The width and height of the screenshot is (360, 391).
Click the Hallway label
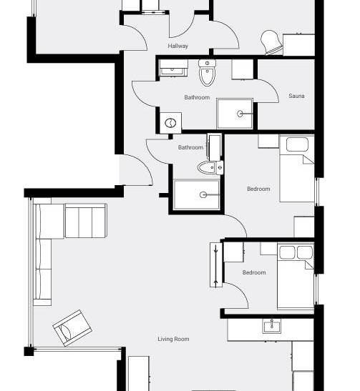pos(177,46)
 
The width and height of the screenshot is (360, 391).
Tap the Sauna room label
pos(296,96)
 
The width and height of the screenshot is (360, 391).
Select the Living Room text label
pos(173,339)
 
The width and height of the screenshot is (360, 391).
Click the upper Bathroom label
pos(197,97)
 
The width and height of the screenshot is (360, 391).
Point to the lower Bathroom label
pos(190,147)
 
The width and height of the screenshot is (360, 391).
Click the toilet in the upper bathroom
pos(208,72)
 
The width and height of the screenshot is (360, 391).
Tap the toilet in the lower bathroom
pos(210,167)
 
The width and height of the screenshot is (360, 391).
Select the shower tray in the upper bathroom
pos(235,114)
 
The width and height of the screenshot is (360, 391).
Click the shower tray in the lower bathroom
pos(197,194)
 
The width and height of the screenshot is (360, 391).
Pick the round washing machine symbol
pos(170,123)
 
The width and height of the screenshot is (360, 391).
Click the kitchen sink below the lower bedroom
pos(272,326)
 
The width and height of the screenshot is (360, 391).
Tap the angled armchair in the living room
pos(72,328)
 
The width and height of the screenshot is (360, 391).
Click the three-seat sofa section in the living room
pos(86,221)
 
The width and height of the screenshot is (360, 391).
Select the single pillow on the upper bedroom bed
pos(297,144)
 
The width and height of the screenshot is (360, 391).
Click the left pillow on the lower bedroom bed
pos(287,252)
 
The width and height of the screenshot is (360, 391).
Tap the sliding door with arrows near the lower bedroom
pos(216,264)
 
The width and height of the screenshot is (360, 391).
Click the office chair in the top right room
pos(271,42)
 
